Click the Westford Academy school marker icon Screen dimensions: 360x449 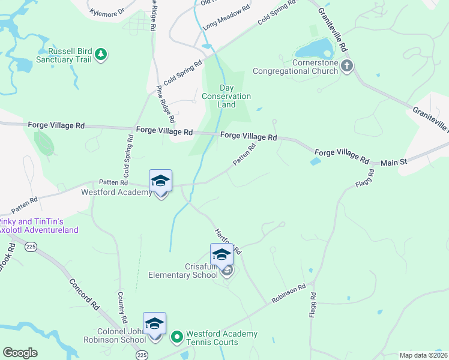point(161,181)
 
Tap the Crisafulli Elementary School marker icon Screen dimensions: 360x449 point(221,254)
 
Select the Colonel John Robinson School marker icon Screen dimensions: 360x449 point(155,323)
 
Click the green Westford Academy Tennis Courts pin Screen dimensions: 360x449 point(176,338)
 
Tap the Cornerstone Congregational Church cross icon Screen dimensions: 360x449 point(347,67)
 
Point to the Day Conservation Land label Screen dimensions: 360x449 point(226,96)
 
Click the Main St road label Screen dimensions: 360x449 point(394,162)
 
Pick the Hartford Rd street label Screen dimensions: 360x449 point(228,240)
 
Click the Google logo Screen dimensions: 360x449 point(20,353)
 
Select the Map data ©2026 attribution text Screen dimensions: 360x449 point(423,355)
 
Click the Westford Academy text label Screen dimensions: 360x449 point(116,193)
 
